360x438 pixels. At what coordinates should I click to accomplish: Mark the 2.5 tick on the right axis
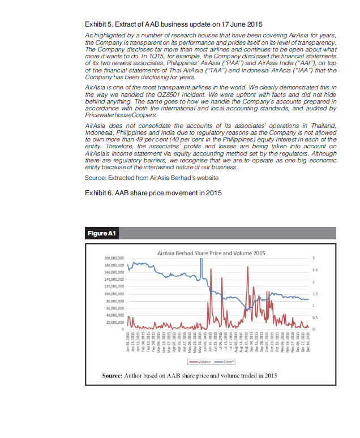[x=315, y=269]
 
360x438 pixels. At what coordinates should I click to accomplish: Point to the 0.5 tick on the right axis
[x=315, y=317]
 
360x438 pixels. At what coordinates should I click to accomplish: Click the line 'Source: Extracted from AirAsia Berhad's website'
[x=151, y=178]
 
